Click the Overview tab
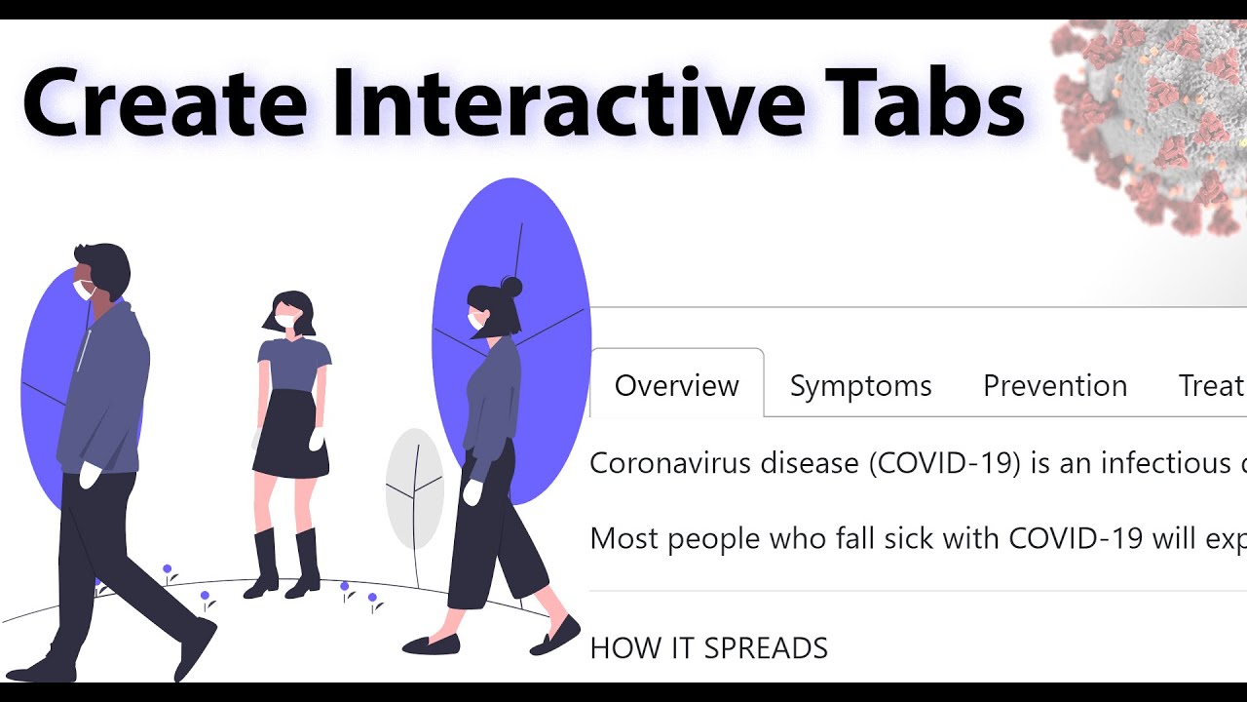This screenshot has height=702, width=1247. (x=676, y=386)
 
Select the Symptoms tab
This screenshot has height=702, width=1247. (x=860, y=386)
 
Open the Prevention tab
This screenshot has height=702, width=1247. (x=1054, y=386)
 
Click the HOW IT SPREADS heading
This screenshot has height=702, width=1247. (x=708, y=648)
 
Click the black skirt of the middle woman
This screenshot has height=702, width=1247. (x=291, y=434)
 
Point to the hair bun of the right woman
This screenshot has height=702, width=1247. (x=511, y=287)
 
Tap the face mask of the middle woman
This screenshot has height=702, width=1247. (x=285, y=320)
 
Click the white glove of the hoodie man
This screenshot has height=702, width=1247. (x=90, y=476)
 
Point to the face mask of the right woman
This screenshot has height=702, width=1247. (x=474, y=320)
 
